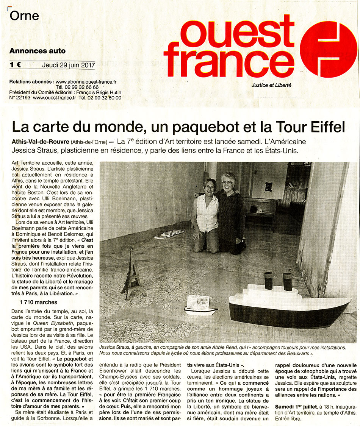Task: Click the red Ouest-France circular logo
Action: click(x=329, y=49)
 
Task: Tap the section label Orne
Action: click(x=25, y=16)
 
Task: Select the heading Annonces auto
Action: click(x=38, y=51)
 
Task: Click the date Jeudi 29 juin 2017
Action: click(x=68, y=64)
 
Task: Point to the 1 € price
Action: click(x=15, y=64)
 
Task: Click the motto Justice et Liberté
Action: click(x=271, y=85)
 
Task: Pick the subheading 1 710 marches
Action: click(x=38, y=302)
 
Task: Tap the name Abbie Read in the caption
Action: click(x=214, y=347)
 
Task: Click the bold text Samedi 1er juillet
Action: click(x=295, y=406)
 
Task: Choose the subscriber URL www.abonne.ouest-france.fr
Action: click(x=86, y=81)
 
